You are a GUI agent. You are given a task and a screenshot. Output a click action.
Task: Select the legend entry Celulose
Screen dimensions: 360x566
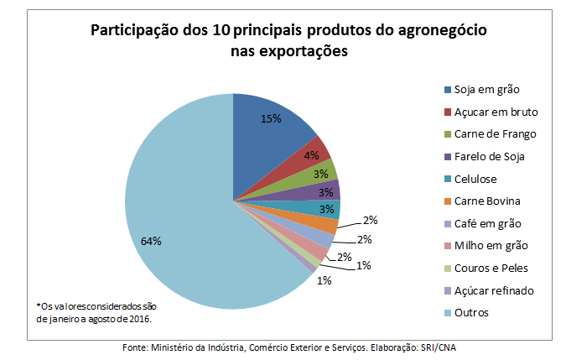476,178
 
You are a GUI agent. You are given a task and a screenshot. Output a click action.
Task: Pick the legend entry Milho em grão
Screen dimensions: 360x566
491,245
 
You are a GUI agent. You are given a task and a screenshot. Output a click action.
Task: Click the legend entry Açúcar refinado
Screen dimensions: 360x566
493,290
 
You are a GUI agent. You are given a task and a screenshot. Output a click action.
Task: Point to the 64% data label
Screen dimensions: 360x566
151,241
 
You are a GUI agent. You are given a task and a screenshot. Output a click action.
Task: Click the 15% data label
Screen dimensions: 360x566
270,119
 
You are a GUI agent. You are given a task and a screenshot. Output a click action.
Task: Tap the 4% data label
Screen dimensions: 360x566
311,155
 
